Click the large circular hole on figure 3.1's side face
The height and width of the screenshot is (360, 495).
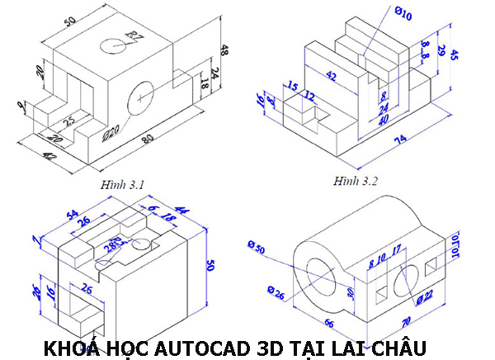(x=145, y=96)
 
